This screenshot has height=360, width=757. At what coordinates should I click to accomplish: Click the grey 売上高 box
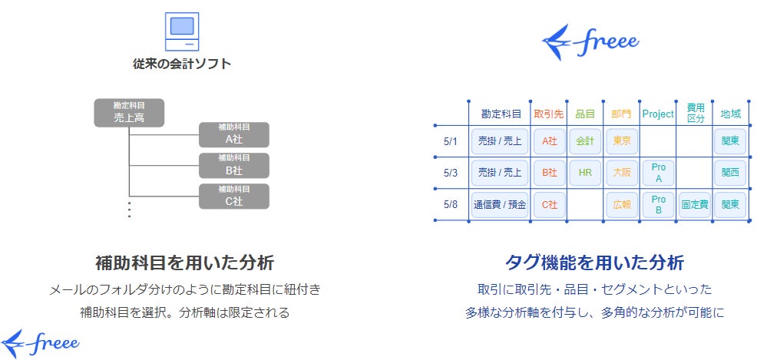point(129,112)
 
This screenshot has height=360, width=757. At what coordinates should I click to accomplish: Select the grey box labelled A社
point(233,134)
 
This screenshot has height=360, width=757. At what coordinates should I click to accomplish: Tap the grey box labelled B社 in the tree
point(233,165)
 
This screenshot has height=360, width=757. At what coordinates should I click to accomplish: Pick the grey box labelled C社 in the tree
point(233,196)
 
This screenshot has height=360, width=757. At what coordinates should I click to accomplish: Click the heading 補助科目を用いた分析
point(184,262)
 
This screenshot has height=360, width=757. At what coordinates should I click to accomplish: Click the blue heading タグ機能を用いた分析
point(593,262)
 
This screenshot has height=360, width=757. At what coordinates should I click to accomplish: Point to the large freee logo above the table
point(590,43)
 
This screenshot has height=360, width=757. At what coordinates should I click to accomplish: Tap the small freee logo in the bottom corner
point(40,342)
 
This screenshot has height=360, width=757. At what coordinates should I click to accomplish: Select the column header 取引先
point(548,114)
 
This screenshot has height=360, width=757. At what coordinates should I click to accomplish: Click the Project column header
point(657,114)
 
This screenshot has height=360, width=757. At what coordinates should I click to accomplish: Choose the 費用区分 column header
point(695,113)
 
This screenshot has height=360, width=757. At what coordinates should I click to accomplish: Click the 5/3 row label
point(451,173)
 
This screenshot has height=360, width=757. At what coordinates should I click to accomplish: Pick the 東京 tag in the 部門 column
point(621,141)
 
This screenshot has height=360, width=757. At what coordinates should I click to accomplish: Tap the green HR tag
point(585,173)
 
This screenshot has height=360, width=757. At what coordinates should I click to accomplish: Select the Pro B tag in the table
point(657,205)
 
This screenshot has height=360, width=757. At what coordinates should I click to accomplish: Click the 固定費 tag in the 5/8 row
point(695,205)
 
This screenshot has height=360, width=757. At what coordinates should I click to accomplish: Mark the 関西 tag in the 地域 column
point(730,173)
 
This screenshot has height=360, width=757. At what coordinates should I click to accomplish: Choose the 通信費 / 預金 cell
point(500,205)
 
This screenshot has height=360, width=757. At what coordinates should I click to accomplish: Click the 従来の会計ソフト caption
point(181,64)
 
